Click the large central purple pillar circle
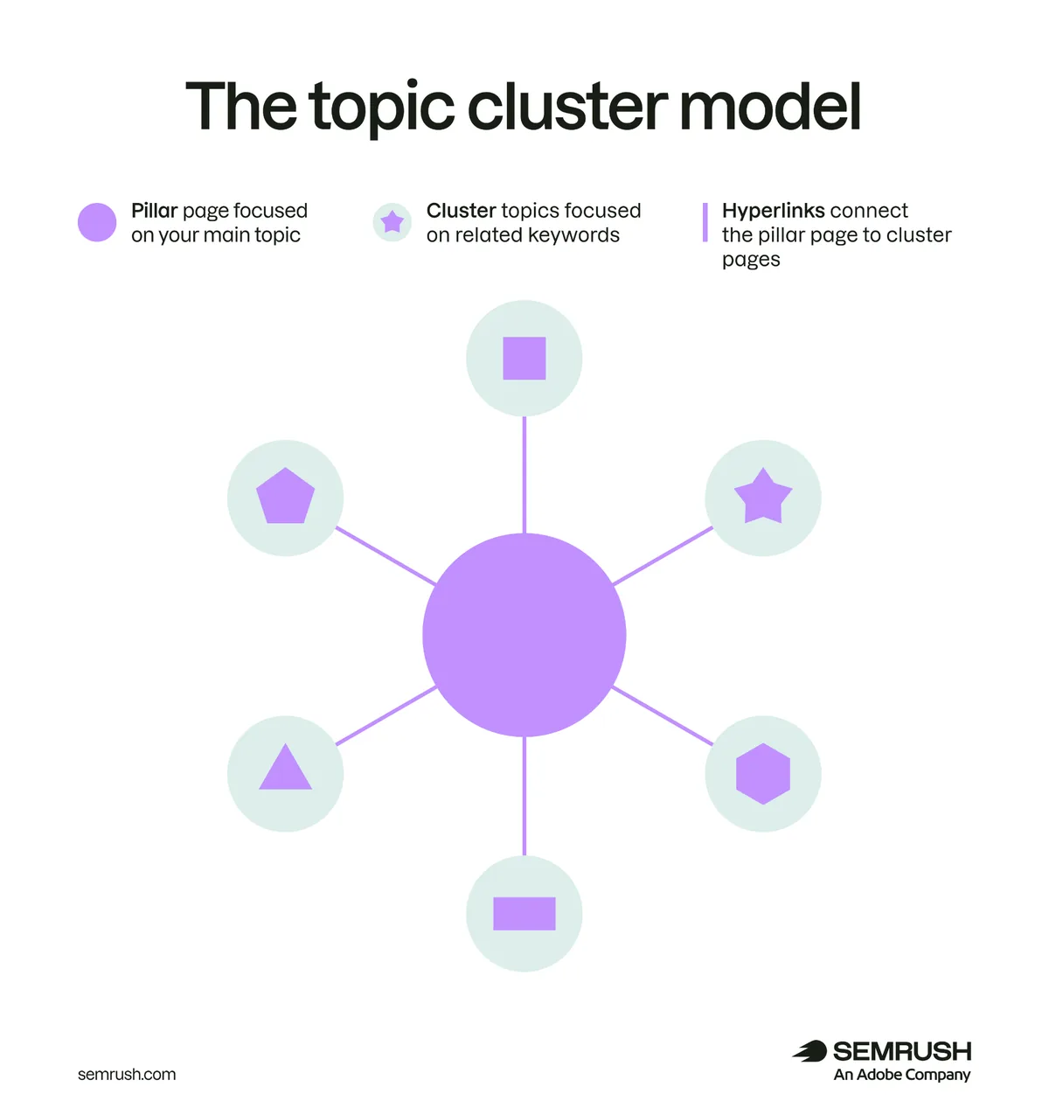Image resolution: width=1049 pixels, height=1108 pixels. tap(524, 635)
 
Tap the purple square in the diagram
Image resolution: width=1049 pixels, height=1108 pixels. tap(524, 359)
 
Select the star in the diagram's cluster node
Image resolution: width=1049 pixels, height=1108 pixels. tap(763, 496)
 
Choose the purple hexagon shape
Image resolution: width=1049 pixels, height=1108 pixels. tap(763, 773)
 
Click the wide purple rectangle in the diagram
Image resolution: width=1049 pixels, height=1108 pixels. tap(524, 913)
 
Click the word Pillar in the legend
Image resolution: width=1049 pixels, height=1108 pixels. tap(155, 210)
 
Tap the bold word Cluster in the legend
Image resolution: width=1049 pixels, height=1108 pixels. tap(461, 210)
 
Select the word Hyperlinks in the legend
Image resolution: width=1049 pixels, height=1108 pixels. tap(773, 212)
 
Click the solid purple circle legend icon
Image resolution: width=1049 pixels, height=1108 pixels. tap(97, 222)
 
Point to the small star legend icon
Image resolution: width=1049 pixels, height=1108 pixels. tap(393, 221)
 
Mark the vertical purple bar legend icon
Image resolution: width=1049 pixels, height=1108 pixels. tap(705, 222)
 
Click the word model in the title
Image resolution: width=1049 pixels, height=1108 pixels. tap(769, 107)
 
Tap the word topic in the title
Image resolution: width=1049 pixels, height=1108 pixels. tap(381, 108)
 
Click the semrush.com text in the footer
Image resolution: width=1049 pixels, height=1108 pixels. tap(127, 1074)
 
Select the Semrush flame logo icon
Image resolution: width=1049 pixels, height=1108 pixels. tap(809, 1050)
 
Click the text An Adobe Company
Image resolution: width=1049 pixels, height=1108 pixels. tap(902, 1075)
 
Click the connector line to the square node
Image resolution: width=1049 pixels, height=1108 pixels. tap(524, 475)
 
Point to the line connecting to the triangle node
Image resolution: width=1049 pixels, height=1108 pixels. tap(386, 715)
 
